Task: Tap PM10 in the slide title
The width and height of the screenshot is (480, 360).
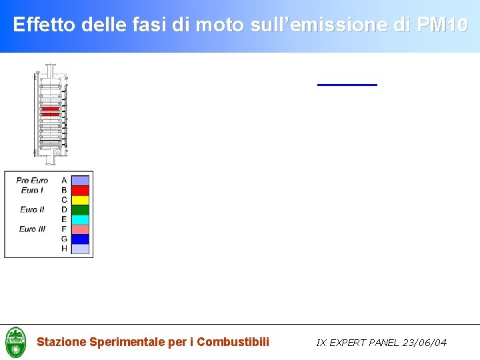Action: [x=442, y=25]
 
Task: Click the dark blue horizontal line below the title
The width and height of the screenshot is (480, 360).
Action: [x=347, y=85]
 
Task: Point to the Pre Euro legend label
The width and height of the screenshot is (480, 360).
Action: [x=32, y=181]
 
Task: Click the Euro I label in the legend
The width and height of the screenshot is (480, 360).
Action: [x=32, y=190]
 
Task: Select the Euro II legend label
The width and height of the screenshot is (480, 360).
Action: [x=32, y=209]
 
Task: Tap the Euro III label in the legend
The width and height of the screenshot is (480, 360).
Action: [x=32, y=229]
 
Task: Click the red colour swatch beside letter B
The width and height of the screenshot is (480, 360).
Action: [x=80, y=190]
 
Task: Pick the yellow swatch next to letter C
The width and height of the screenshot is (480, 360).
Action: [x=80, y=200]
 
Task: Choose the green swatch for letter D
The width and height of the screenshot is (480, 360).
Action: [x=80, y=209]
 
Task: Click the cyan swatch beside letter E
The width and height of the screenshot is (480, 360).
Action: [x=80, y=219]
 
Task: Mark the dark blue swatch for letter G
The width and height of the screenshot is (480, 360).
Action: [x=80, y=239]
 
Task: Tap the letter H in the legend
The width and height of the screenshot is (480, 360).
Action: [x=64, y=249]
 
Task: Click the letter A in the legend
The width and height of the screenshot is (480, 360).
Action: [x=64, y=181]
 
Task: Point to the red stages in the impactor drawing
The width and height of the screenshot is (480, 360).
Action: [x=50, y=111]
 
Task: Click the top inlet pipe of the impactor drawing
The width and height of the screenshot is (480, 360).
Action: [x=50, y=69]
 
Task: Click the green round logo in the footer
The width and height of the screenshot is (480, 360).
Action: [x=15, y=342]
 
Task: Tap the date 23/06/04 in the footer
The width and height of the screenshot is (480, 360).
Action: [x=424, y=343]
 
